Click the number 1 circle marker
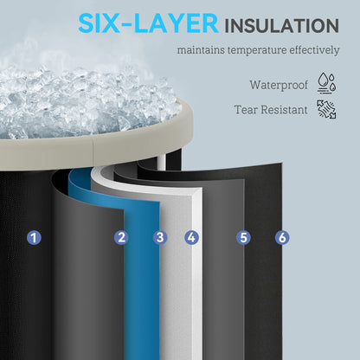tap(35, 238)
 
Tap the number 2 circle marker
tap(121, 238)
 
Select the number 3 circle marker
tap(160, 238)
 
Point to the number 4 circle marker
tap(192, 238)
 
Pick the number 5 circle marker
tap(244, 238)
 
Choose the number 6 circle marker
tap(282, 238)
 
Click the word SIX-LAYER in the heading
tap(148, 23)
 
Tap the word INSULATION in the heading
tap(282, 25)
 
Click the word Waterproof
tap(279, 85)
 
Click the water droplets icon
tap(327, 83)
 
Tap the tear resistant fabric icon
tap(327, 109)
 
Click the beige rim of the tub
tap(95, 150)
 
